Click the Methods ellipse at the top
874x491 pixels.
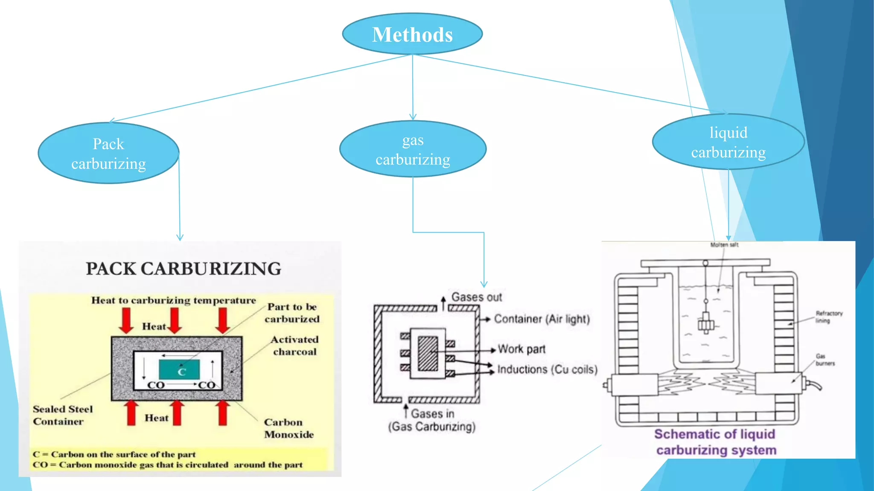412,34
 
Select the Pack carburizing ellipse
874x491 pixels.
108,153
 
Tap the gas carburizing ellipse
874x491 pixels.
413,149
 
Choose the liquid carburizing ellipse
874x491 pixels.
728,142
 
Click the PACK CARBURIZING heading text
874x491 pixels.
184,269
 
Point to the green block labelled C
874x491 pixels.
179,370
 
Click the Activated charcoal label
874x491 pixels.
294,345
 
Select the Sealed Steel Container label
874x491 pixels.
62,415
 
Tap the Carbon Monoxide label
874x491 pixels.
288,428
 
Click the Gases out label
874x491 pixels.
476,297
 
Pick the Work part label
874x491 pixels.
521,349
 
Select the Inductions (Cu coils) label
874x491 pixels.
547,369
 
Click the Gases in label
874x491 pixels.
432,413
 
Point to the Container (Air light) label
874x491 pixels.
542,319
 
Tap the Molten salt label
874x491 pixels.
724,245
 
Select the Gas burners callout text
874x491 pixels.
824,360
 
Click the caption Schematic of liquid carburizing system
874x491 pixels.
715,442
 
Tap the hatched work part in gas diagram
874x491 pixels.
428,353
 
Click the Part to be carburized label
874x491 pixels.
292,313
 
